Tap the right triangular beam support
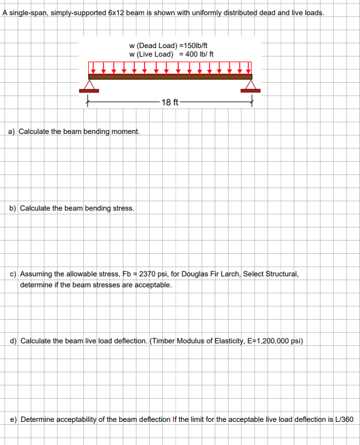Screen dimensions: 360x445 point(249,85)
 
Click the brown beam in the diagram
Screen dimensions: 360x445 point(170,77)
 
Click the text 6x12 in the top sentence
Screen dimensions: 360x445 point(116,13)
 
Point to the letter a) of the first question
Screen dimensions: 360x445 point(13,131)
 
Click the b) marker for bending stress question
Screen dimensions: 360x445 point(13,208)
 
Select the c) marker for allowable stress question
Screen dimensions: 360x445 point(13,274)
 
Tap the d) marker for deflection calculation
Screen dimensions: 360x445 point(13,341)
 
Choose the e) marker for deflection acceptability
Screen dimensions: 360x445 point(13,419)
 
